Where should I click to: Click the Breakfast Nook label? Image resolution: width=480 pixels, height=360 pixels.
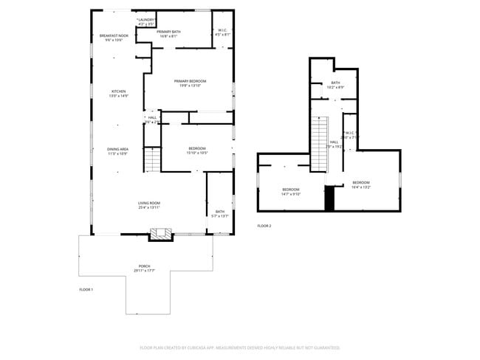[114, 38]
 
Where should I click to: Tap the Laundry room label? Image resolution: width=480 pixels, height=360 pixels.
[145, 22]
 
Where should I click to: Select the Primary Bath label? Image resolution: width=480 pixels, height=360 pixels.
[168, 34]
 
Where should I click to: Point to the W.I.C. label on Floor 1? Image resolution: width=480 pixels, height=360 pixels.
[222, 32]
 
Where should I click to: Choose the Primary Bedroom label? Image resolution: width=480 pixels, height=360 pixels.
[190, 83]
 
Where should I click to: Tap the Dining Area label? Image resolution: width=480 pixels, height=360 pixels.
[117, 151]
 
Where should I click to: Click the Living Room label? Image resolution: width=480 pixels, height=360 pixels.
[148, 205]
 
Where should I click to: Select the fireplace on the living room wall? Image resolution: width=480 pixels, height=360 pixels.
[161, 234]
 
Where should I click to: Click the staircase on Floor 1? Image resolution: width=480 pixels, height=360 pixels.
[151, 159]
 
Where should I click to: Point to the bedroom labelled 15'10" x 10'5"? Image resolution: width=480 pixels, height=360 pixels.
[196, 150]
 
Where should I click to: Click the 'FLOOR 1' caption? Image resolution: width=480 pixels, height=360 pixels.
[86, 290]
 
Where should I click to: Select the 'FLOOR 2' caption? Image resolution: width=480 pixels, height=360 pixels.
[264, 226]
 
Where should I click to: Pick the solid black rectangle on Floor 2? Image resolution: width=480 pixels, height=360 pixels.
[330, 198]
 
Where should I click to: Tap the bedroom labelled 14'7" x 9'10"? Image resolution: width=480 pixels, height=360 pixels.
[291, 192]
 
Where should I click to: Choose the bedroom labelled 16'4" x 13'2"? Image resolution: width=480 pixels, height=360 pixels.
[360, 184]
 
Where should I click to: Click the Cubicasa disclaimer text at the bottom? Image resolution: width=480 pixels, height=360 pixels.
[239, 347]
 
